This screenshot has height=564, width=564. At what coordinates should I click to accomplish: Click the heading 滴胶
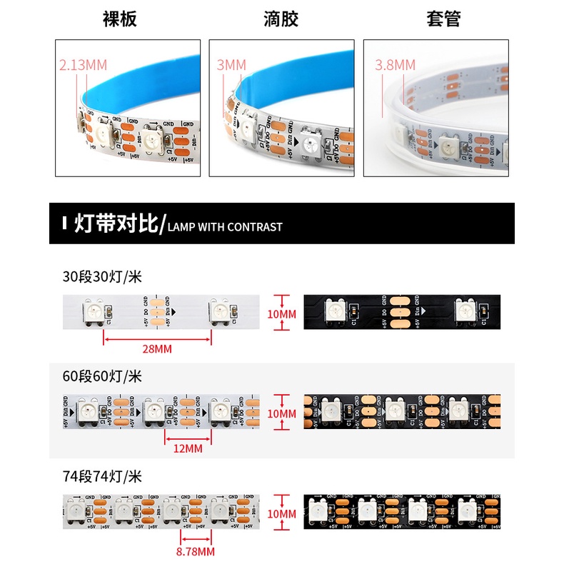(x=281, y=19)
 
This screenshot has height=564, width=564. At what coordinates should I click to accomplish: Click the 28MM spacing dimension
(x=158, y=349)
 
